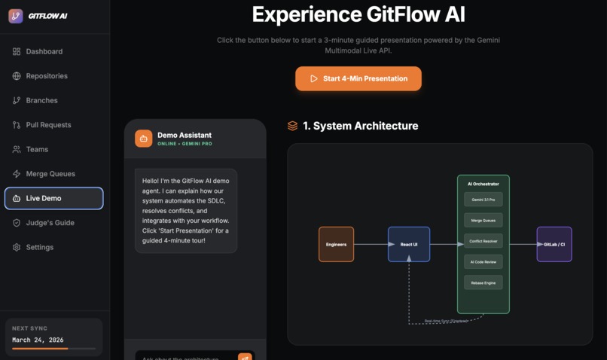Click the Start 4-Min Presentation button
(358, 78)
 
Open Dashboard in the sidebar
(44, 51)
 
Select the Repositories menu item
(47, 76)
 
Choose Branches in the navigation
(41, 100)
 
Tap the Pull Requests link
(48, 125)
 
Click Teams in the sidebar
(37, 149)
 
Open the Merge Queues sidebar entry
(50, 174)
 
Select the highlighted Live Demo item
(53, 198)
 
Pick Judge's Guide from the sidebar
(50, 223)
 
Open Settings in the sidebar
(39, 247)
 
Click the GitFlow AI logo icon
(16, 16)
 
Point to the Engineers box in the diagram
(336, 244)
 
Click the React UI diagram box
(409, 244)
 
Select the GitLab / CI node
(554, 244)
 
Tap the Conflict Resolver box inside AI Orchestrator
(483, 241)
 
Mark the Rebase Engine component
(483, 282)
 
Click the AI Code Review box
(483, 261)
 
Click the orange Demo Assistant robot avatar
(144, 139)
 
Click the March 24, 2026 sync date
(38, 340)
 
